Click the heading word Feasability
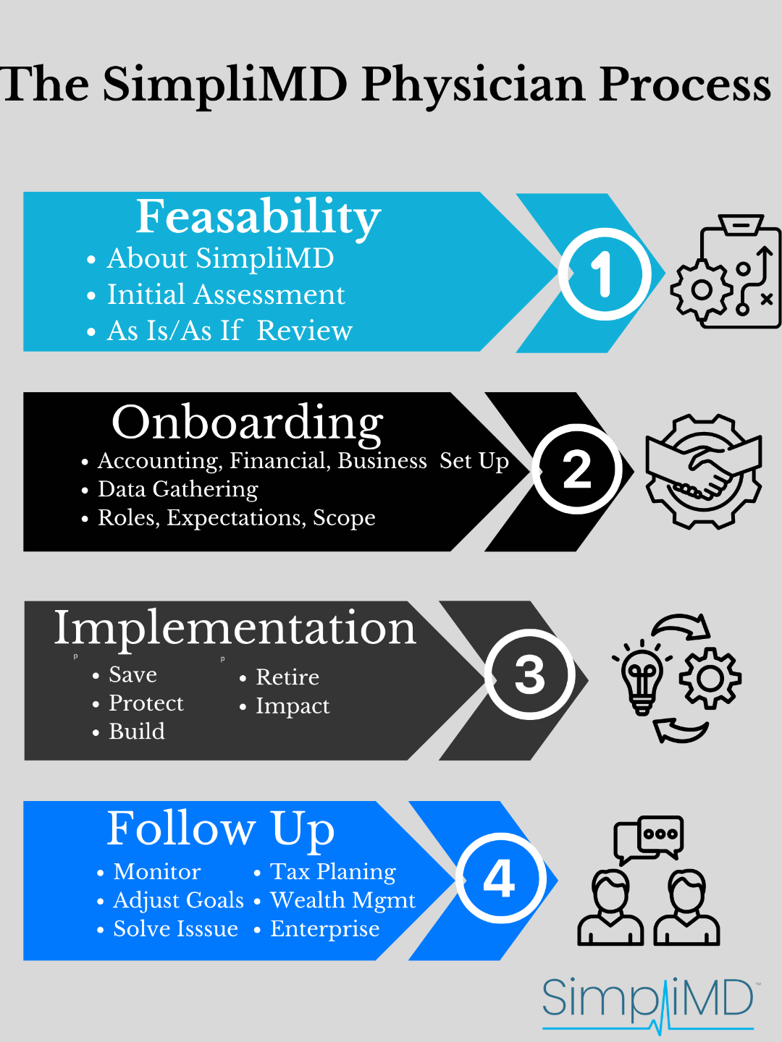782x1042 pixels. pyautogui.click(x=258, y=217)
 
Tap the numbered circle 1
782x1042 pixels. pyautogui.click(x=604, y=274)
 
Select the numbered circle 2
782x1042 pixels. pyautogui.click(x=577, y=469)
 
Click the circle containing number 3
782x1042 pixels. pyautogui.click(x=529, y=674)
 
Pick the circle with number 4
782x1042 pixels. pyautogui.click(x=499, y=878)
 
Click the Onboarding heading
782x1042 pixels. pyautogui.click(x=248, y=423)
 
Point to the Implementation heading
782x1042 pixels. pyautogui.click(x=235, y=627)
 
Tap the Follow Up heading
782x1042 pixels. pyautogui.click(x=221, y=829)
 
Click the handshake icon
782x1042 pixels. pyautogui.click(x=703, y=471)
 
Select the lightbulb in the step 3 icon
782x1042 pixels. pyautogui.click(x=642, y=679)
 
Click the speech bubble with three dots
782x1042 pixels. pyautogui.click(x=660, y=834)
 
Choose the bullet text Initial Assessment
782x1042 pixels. pyautogui.click(x=226, y=295)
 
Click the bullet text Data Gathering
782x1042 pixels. pyautogui.click(x=178, y=490)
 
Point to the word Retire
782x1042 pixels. pyautogui.click(x=287, y=677)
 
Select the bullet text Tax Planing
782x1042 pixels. pyautogui.click(x=333, y=872)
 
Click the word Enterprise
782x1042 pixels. pyautogui.click(x=324, y=929)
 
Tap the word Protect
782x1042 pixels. pyautogui.click(x=146, y=703)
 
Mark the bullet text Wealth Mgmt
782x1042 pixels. pyautogui.click(x=342, y=900)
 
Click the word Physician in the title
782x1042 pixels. pyautogui.click(x=474, y=85)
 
